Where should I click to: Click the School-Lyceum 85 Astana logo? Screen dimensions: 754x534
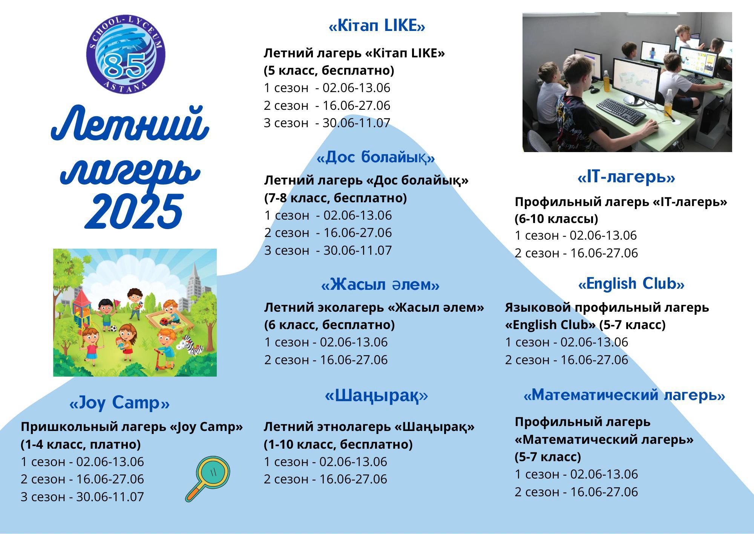click(126, 55)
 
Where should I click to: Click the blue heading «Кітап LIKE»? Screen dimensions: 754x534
click(377, 26)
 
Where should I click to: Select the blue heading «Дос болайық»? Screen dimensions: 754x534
click(376, 157)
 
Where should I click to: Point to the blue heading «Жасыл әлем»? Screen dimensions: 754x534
click(380, 284)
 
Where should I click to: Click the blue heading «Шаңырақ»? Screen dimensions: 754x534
click(376, 395)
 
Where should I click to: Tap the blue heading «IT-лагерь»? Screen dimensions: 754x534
click(626, 177)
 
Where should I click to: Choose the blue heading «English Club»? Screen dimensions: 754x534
click(631, 284)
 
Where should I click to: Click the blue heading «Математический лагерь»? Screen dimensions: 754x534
click(624, 395)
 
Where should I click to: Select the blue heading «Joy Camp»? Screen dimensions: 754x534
click(120, 403)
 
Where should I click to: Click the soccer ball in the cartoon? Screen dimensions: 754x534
click(114, 328)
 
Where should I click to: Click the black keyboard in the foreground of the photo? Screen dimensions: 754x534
click(621, 111)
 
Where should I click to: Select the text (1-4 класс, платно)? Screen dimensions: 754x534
click(81, 444)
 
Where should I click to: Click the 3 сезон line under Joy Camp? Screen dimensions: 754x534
click(82, 497)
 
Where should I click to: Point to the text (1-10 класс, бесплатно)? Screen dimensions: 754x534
click(338, 444)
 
